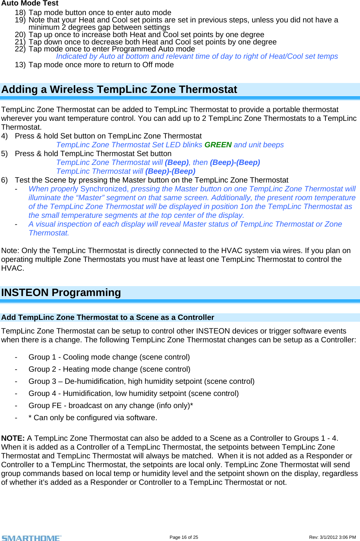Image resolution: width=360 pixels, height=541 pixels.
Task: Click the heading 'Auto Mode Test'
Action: point(30,3)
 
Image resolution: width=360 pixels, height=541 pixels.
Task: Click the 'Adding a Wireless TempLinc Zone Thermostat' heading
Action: point(119,90)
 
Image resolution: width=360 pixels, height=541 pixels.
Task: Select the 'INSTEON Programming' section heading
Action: point(61,293)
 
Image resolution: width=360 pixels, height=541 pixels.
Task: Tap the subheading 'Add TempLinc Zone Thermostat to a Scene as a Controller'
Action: point(108,317)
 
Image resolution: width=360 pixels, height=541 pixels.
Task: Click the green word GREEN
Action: point(218,145)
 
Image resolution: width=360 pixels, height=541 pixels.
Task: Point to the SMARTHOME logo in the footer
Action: point(32,538)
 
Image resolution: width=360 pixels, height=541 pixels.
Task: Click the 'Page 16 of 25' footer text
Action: point(183,537)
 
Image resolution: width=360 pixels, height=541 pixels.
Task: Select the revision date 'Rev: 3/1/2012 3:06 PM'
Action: point(332,537)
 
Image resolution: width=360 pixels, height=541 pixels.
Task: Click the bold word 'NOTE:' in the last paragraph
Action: point(13,438)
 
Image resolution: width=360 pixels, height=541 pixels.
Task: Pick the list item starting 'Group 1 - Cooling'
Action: point(109,357)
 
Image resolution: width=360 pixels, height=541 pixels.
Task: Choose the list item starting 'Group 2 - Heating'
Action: point(109,369)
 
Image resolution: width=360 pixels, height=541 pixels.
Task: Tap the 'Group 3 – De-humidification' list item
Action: point(141,381)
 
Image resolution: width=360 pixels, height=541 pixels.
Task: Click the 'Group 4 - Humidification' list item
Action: point(134,393)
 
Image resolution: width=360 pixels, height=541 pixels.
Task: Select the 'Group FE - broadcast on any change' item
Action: point(110,405)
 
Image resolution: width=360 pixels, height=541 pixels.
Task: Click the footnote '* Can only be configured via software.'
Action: point(93,418)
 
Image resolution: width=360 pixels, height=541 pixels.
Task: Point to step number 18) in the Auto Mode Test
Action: point(20,12)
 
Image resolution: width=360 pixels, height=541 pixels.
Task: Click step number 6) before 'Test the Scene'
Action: point(4,180)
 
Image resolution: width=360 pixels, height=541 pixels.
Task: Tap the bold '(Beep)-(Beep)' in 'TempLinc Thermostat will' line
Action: point(170,171)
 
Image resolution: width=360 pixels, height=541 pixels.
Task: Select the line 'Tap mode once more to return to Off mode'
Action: point(101,65)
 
